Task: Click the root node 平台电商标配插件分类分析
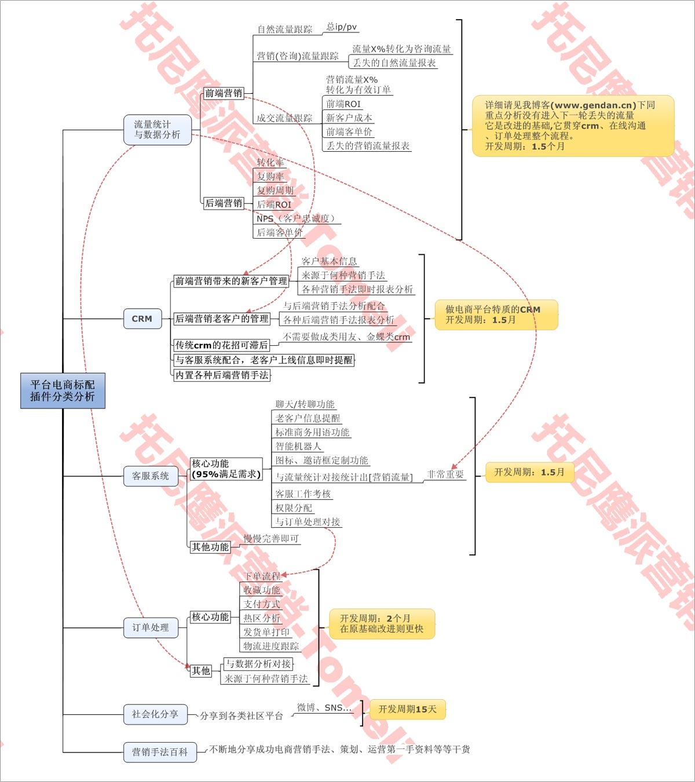pos(63,391)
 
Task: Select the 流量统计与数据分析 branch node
pos(157,130)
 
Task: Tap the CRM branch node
pos(142,319)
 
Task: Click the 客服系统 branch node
pos(151,476)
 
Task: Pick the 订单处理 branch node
pos(151,627)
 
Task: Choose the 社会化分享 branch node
pos(155,714)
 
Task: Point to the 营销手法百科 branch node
pos(160,752)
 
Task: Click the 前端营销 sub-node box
pos(224,93)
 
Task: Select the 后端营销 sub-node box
pos(224,203)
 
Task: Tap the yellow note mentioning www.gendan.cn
pos(573,126)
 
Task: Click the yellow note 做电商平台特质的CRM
pos(496,315)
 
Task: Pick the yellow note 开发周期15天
pos(408,709)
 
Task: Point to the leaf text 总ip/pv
pos(342,27)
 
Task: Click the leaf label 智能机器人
pos(298,446)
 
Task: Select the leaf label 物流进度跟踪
pos(271,646)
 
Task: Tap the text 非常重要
pos(445,474)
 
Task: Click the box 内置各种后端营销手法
pos(222,375)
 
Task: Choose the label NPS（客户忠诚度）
pos(296,218)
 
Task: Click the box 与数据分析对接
pos(258,664)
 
